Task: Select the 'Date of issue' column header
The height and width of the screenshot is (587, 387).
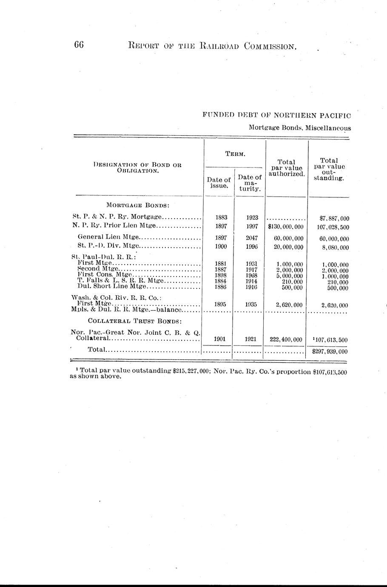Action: pos(220,183)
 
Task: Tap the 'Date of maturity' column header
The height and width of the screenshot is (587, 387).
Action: pos(250,183)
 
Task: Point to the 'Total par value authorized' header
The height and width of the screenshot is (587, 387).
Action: pos(287,168)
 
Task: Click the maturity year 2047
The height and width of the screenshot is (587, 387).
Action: pos(252,238)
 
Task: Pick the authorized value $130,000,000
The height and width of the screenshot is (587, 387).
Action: pos(285,227)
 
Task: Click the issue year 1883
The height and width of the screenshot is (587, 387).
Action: pos(221,217)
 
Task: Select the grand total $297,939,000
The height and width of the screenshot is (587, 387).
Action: pos(330,352)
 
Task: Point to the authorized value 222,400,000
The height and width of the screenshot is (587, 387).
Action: pos(285,339)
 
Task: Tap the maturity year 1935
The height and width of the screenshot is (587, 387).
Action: pos(252,305)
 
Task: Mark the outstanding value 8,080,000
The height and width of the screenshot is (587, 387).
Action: pos(334,247)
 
